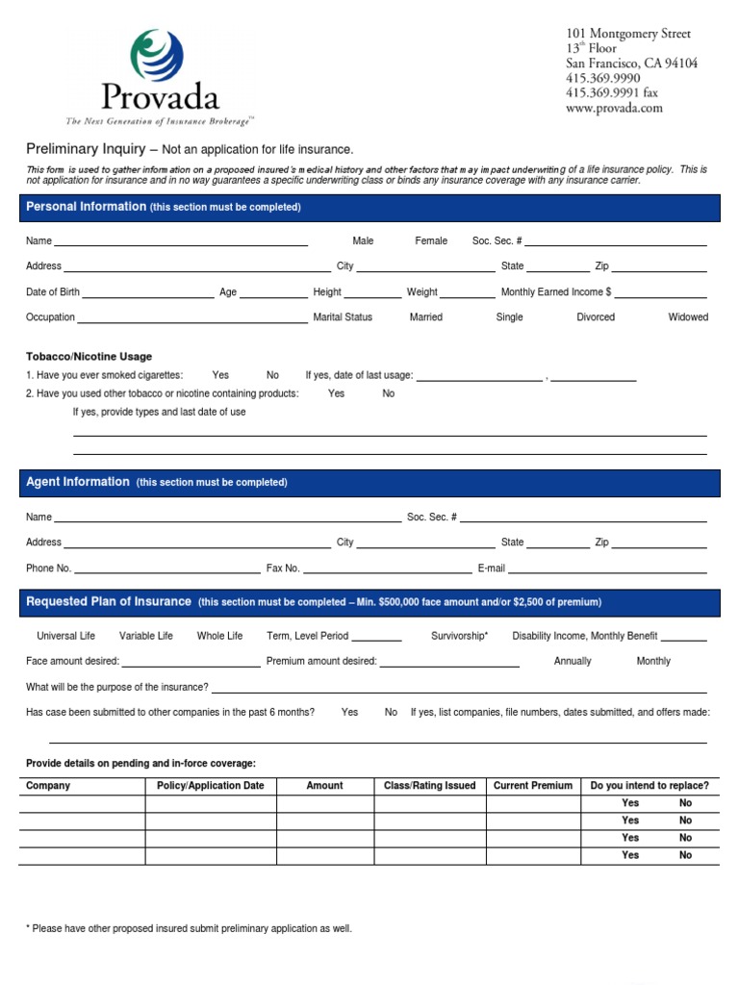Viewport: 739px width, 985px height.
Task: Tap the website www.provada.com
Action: [x=614, y=109]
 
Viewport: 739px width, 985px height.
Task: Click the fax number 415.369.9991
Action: [x=612, y=93]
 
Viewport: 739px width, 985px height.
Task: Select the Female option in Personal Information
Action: [x=431, y=240]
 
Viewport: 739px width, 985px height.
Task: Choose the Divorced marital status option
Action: [x=596, y=316]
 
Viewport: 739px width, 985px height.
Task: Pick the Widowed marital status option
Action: [x=688, y=316]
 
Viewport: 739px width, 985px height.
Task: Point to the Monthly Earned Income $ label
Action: [x=556, y=291]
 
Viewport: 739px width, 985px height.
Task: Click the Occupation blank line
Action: [x=192, y=317]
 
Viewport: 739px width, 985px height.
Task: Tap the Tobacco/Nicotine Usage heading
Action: [x=89, y=356]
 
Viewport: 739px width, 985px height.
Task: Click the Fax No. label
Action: [x=283, y=568]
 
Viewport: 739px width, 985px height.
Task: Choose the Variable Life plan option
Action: [x=146, y=636]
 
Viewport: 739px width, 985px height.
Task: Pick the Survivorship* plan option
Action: [x=460, y=636]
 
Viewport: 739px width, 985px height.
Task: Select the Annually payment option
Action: [x=573, y=661]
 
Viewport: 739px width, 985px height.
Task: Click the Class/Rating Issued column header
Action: [x=430, y=786]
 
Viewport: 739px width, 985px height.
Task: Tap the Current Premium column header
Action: [x=533, y=786]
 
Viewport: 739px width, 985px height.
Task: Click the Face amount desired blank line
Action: [x=191, y=662]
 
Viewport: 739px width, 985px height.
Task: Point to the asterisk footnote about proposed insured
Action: [x=189, y=928]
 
